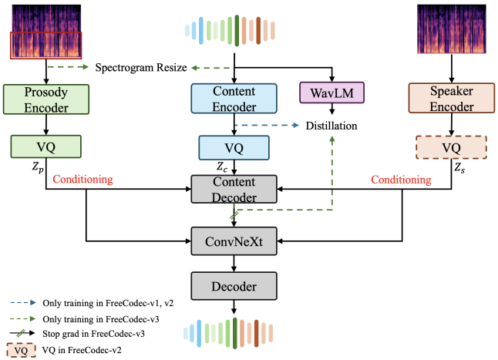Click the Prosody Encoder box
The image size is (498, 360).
tap(48, 99)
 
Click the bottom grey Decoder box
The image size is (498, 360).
tap(233, 287)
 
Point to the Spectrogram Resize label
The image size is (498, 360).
tap(141, 68)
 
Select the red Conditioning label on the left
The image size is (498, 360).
tap(82, 180)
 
